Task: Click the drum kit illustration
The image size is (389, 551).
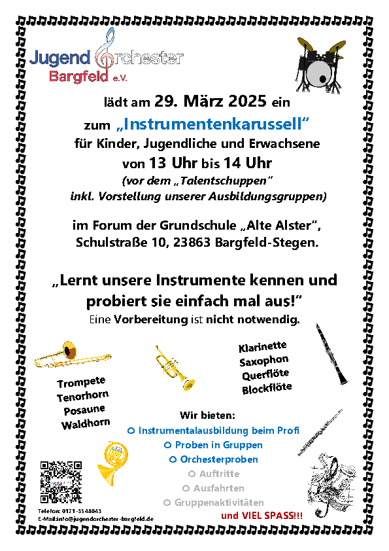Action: (320, 65)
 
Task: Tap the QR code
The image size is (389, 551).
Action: (61, 482)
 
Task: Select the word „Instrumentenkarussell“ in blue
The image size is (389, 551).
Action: (212, 124)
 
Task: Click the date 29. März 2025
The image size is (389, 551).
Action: (211, 101)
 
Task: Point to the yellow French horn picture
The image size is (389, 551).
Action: (112, 463)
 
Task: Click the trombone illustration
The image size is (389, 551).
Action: (73, 355)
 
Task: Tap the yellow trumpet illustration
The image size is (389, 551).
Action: (175, 368)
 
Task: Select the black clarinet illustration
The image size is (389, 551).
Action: (331, 353)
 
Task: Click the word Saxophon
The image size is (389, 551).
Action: (264, 361)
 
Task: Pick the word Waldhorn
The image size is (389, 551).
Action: (86, 423)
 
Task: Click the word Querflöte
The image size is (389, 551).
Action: (265, 374)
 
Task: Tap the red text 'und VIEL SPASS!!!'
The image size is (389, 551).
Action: (262, 516)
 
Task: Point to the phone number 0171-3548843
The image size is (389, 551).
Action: (82, 510)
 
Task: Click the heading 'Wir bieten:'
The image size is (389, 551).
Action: (207, 416)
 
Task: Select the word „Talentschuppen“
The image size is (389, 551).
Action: (222, 181)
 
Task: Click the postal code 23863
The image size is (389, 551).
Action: (192, 242)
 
